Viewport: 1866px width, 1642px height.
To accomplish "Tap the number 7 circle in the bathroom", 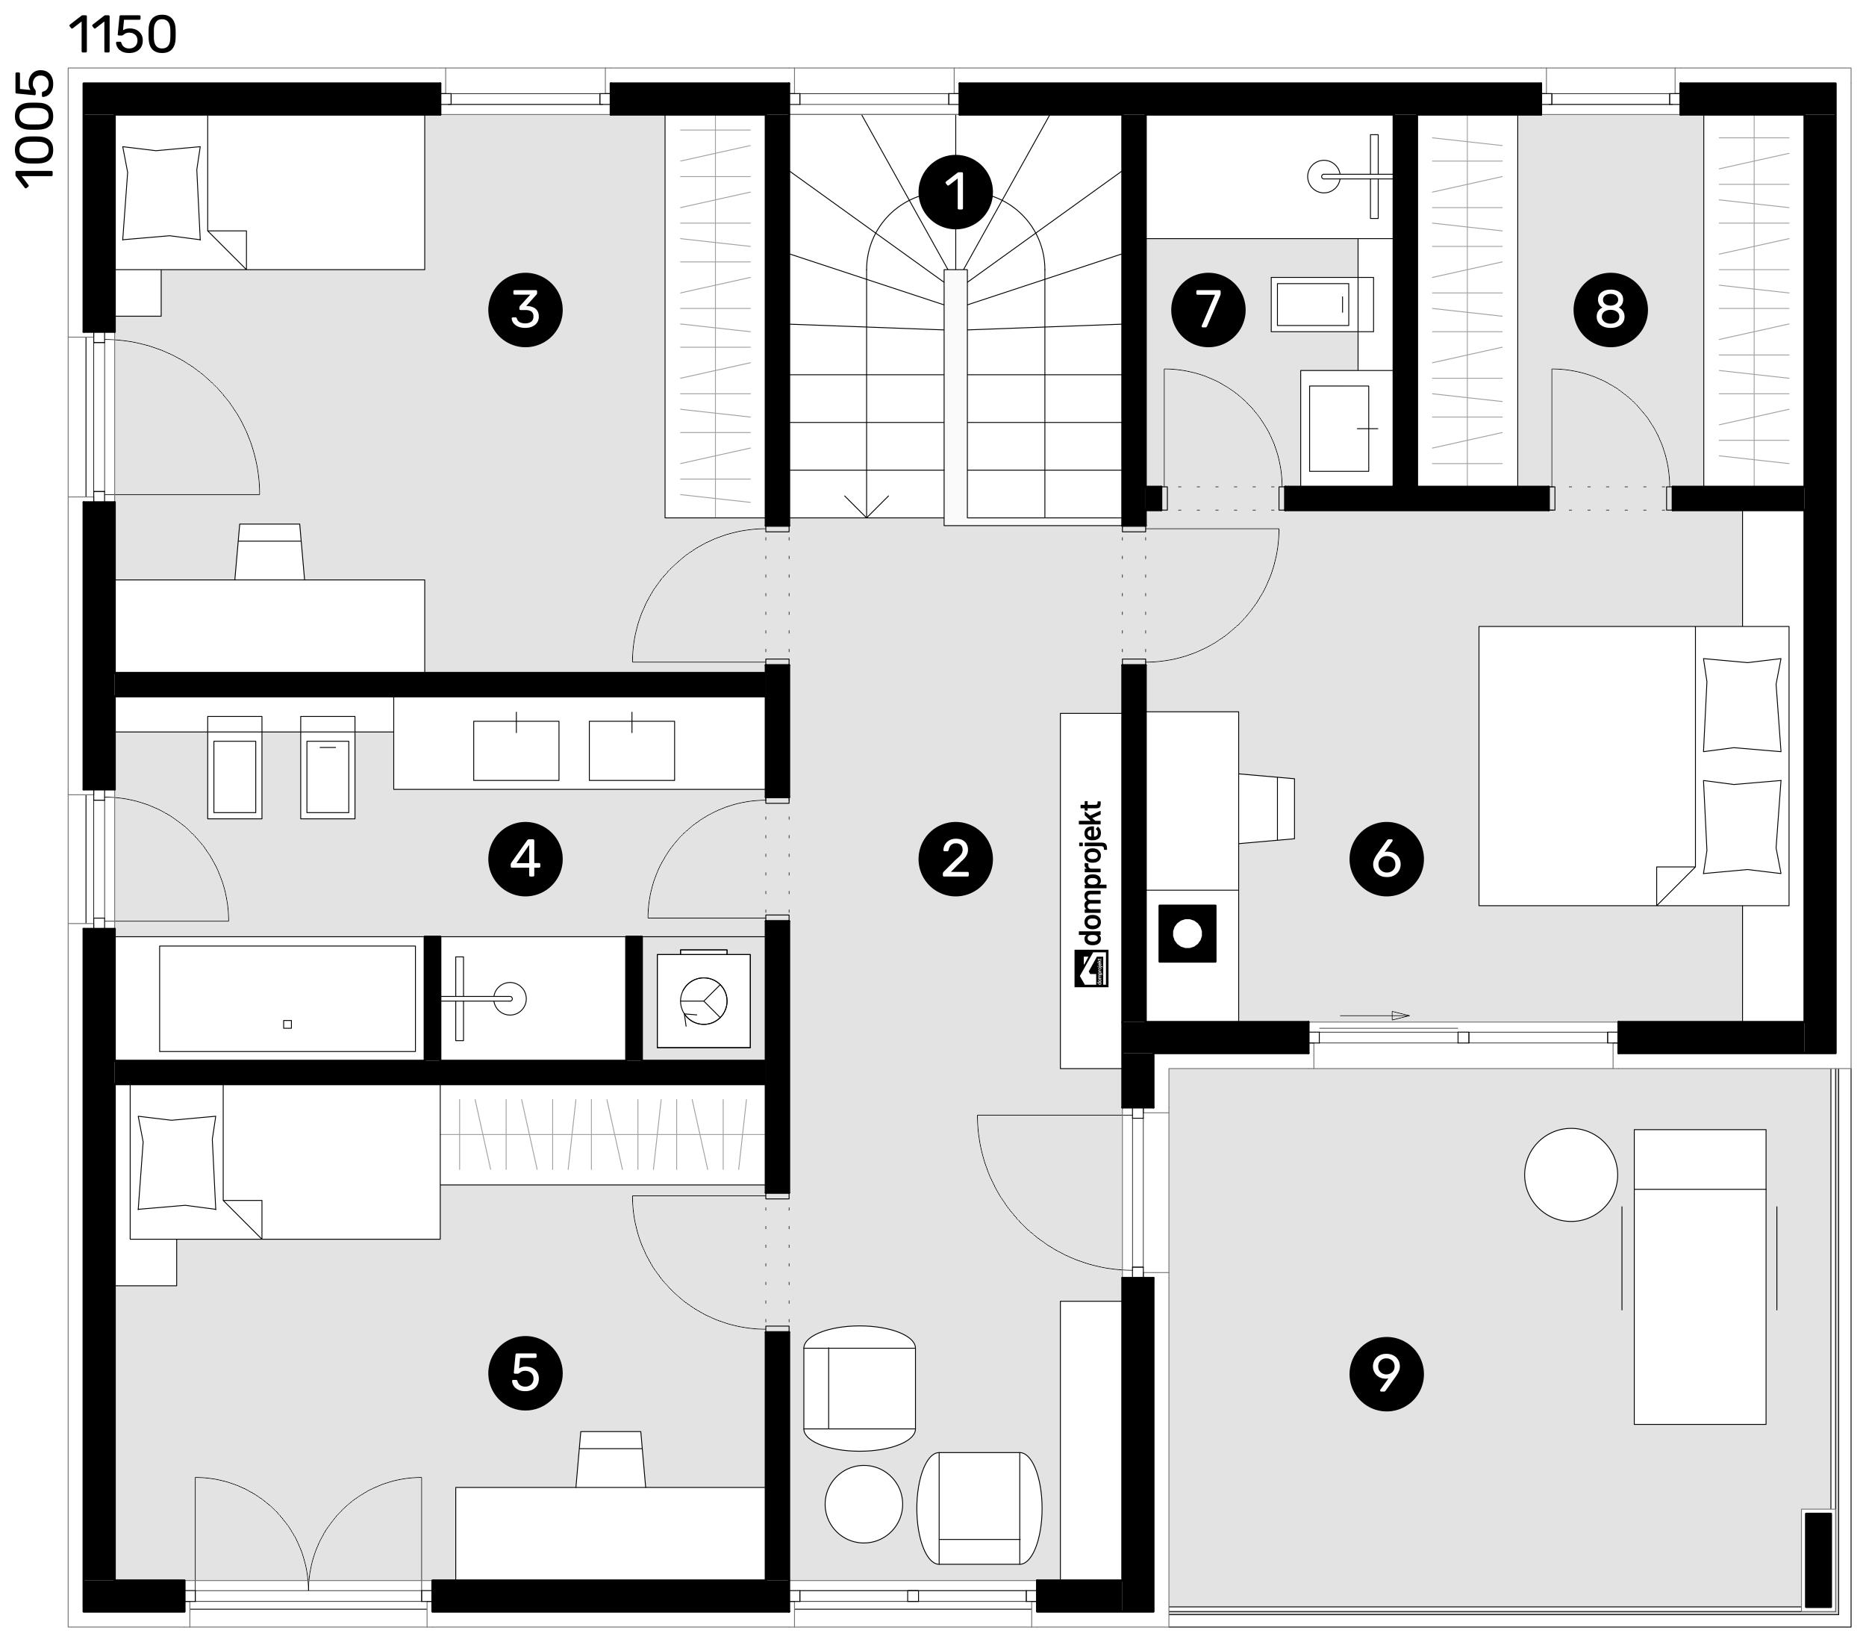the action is (x=1208, y=310).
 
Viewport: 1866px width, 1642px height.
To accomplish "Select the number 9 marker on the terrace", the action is (x=1386, y=1372).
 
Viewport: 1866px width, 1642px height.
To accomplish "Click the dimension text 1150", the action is (x=122, y=36).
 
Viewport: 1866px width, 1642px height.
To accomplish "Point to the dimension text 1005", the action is (x=36, y=131).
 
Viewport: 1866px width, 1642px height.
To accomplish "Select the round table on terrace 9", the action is (x=1570, y=1175).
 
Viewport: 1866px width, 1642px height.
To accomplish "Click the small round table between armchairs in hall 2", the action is (x=863, y=1504).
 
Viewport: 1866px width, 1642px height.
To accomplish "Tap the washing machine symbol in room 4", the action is (x=704, y=999).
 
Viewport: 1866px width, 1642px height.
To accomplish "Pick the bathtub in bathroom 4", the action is (x=287, y=998).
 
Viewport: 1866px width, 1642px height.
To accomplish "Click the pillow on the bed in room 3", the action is (x=161, y=193).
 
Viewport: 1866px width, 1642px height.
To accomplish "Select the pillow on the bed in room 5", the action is (x=177, y=1163).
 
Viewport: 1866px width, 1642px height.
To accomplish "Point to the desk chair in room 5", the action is (x=611, y=1458).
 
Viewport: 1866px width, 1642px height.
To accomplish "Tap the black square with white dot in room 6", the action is (x=1187, y=933).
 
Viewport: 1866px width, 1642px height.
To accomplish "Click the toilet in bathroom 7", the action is (x=1322, y=304).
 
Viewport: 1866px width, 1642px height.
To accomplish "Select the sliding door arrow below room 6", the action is (x=1375, y=1016).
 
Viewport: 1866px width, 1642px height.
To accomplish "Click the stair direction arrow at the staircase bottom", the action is (x=867, y=505).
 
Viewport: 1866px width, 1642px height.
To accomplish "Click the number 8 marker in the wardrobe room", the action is (x=1609, y=310).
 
